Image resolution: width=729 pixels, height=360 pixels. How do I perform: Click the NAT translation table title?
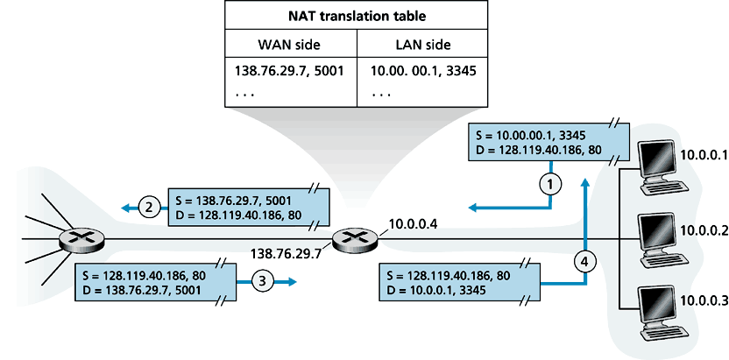tap(357, 15)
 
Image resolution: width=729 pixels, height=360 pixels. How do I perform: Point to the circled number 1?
tap(549, 183)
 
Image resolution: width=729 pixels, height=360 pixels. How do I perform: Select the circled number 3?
tap(262, 281)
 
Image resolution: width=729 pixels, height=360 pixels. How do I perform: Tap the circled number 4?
tap(585, 261)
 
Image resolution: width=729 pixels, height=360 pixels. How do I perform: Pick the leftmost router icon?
tap(81, 239)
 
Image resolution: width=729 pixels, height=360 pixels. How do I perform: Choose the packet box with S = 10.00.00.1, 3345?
tap(549, 144)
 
